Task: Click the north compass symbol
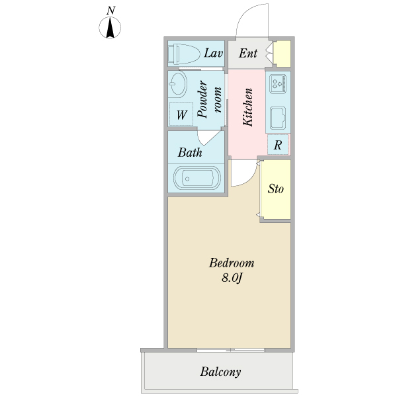pyautogui.click(x=110, y=28)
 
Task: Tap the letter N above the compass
pyautogui.click(x=110, y=11)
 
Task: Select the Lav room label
pyautogui.click(x=214, y=53)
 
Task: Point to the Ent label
pyautogui.click(x=248, y=53)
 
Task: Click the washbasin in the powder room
pyautogui.click(x=178, y=83)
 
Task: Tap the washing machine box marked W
pyautogui.click(x=181, y=114)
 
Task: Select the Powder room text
pyautogui.click(x=209, y=99)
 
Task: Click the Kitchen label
pyautogui.click(x=247, y=107)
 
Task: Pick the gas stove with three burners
pyautogui.click(x=278, y=83)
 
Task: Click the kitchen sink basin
pyautogui.click(x=278, y=118)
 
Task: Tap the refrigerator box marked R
pyautogui.click(x=278, y=144)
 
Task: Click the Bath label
pyautogui.click(x=190, y=152)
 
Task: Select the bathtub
pyautogui.click(x=197, y=178)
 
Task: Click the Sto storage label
pyautogui.click(x=276, y=189)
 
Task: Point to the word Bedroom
pyautogui.click(x=232, y=263)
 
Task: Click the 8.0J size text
pyautogui.click(x=232, y=278)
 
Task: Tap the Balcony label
pyautogui.click(x=220, y=372)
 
